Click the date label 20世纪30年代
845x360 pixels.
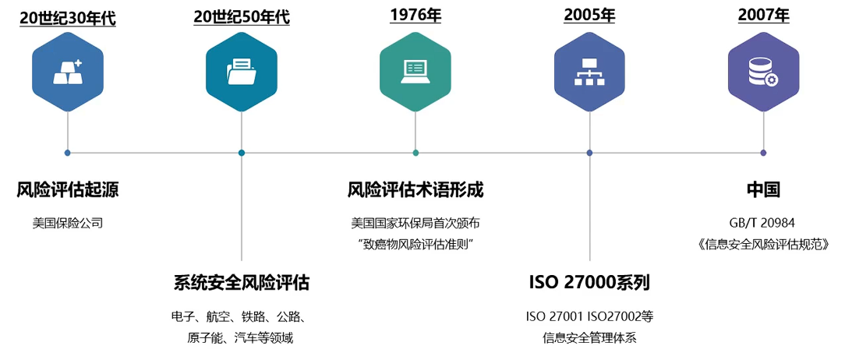[x=68, y=16]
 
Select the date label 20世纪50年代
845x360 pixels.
[x=242, y=16]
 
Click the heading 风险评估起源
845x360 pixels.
[x=68, y=189]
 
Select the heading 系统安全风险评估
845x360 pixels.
[x=242, y=283]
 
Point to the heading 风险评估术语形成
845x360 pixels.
[x=415, y=189]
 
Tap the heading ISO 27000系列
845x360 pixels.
[x=589, y=283]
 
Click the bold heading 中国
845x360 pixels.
[x=763, y=189]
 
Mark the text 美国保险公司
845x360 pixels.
[x=68, y=223]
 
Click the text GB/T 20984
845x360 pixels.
[x=763, y=222]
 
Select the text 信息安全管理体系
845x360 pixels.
[x=589, y=338]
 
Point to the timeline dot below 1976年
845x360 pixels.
[x=415, y=153]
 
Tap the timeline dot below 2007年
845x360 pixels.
[x=763, y=153]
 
